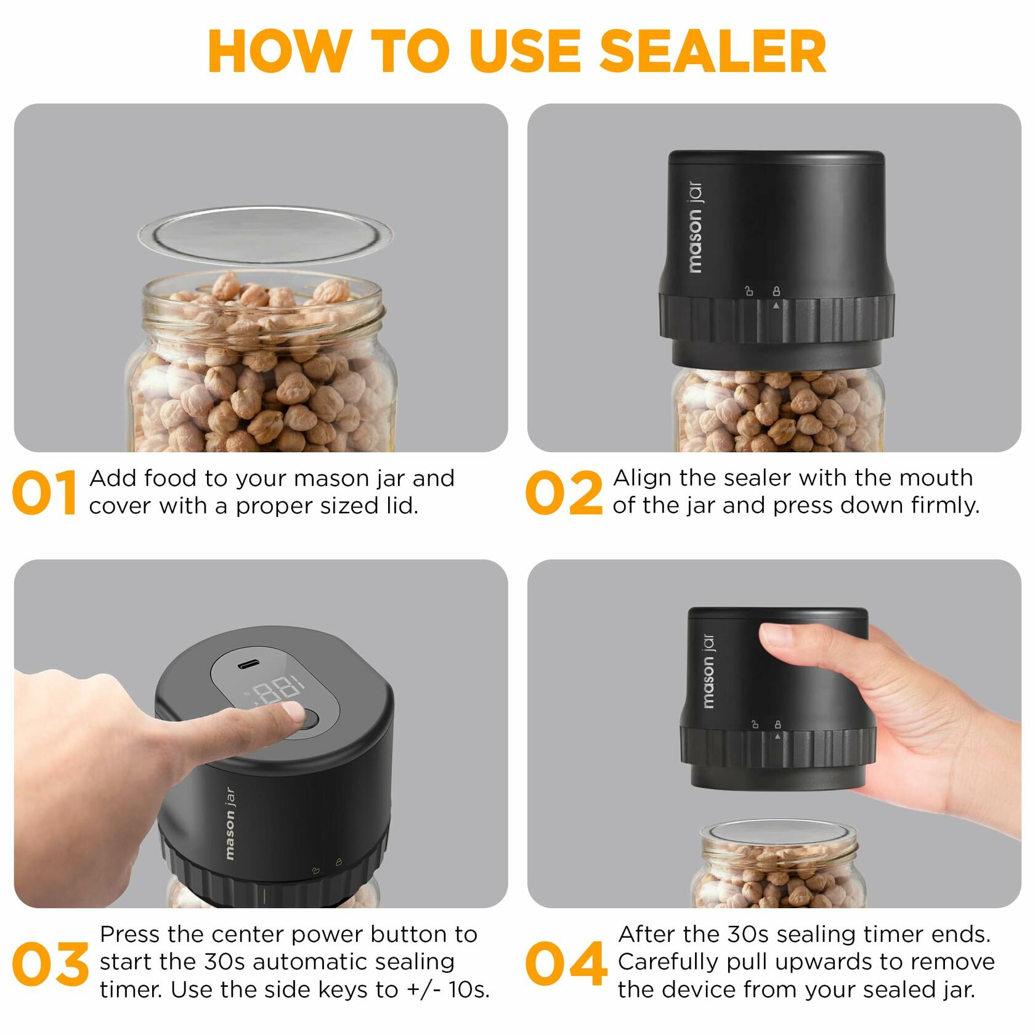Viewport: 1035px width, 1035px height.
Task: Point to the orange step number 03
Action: (x=51, y=964)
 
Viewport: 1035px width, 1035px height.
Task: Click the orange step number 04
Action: (x=566, y=964)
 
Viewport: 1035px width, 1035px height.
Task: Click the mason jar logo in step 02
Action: (x=694, y=227)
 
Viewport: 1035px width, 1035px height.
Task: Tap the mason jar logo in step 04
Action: (x=708, y=670)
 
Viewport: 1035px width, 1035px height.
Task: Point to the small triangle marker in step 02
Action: (x=776, y=305)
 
